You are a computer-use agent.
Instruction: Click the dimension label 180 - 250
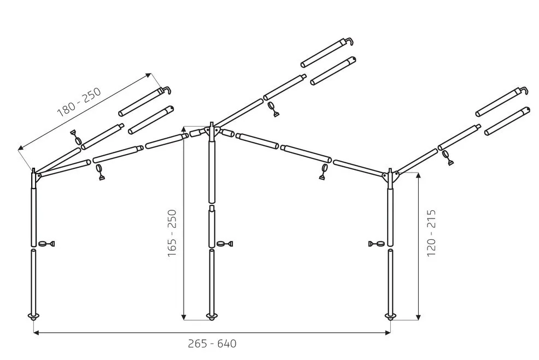(79, 103)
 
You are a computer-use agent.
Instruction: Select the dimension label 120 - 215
(431, 233)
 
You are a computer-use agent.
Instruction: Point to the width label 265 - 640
(212, 344)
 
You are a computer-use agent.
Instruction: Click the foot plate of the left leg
(33, 317)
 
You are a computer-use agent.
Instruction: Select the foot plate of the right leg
(390, 316)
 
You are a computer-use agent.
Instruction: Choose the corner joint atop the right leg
(391, 176)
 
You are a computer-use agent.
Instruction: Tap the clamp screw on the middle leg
(224, 244)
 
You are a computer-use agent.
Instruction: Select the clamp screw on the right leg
(378, 244)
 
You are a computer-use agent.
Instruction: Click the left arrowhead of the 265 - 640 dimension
(36, 332)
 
